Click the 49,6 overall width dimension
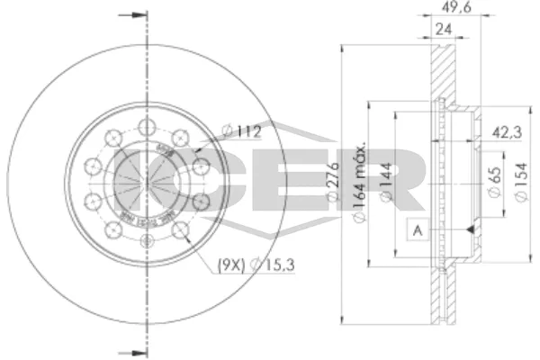452,12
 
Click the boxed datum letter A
417,231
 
